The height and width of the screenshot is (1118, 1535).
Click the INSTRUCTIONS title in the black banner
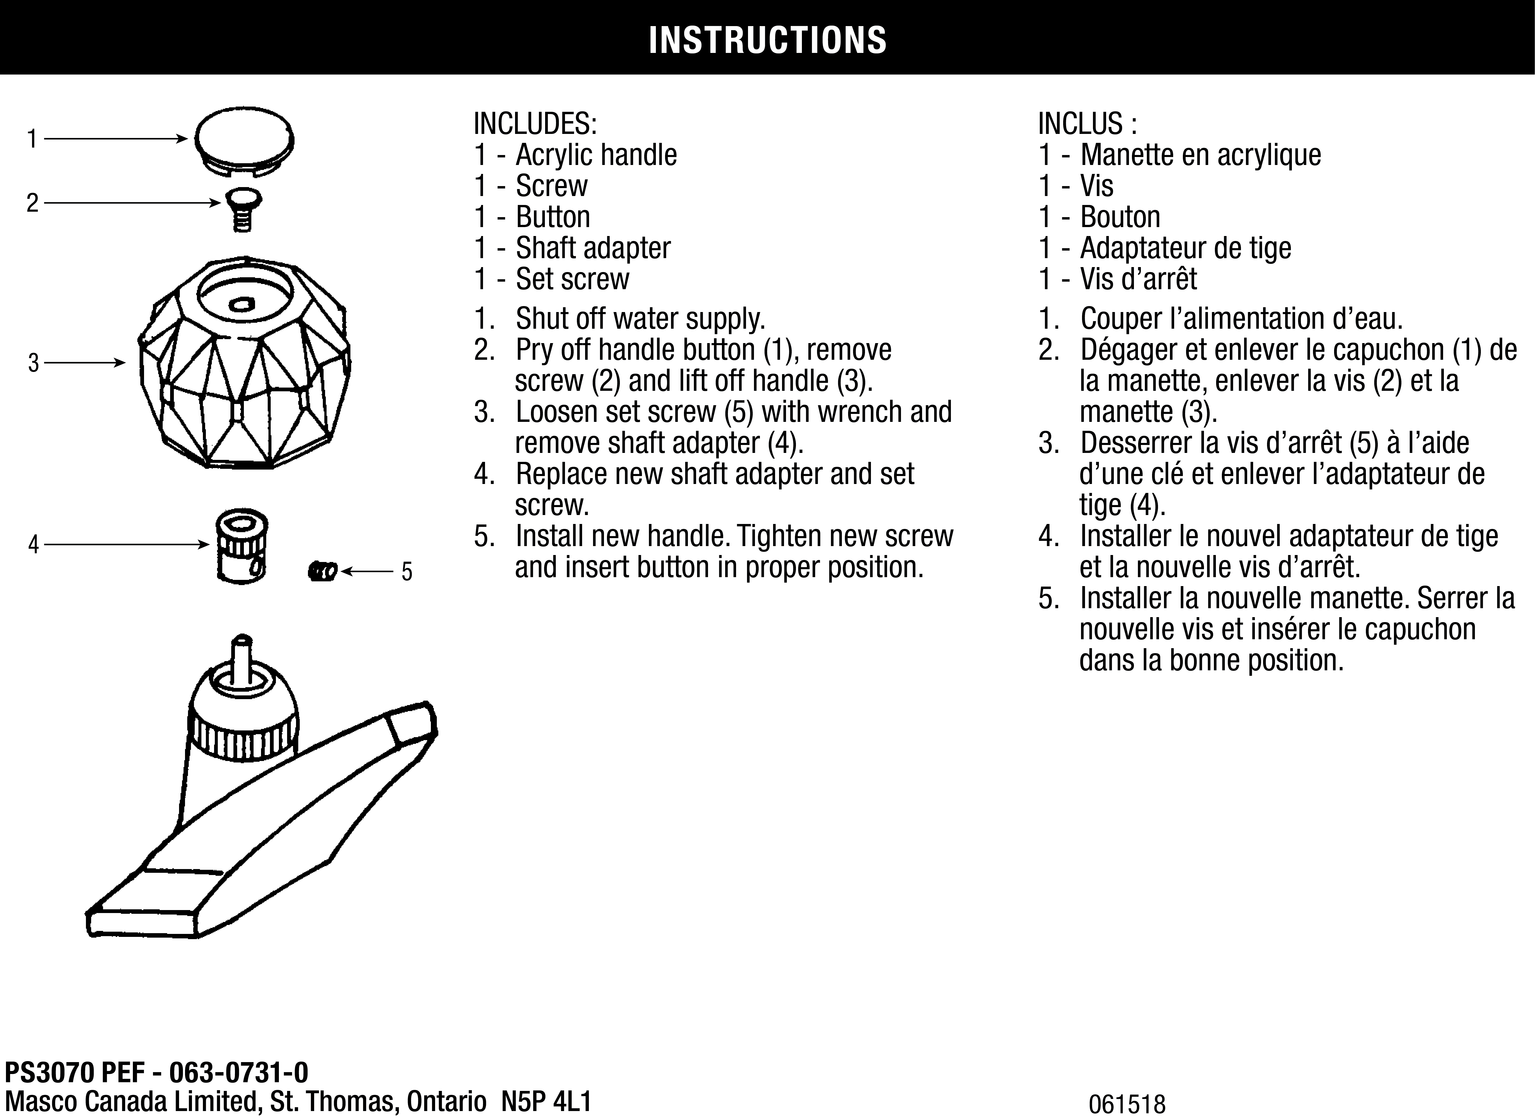(767, 40)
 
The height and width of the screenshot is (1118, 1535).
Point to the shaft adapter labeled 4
(242, 547)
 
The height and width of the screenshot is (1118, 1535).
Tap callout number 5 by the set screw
(407, 572)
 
